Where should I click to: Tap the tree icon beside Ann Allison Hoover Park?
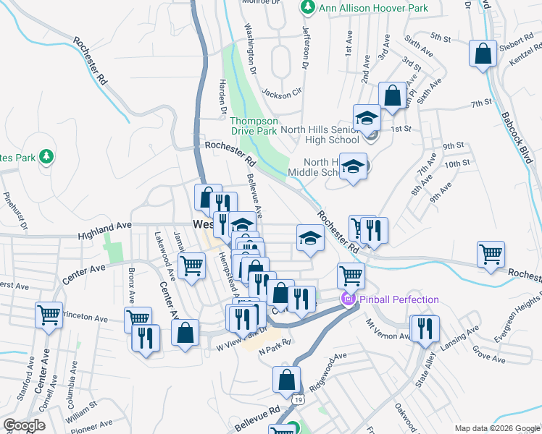point(307,7)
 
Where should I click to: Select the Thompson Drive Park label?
point(254,126)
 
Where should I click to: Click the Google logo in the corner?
point(25,425)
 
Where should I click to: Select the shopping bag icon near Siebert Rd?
point(483,54)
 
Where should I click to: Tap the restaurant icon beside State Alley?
point(425,328)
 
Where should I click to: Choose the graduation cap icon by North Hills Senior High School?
point(367,117)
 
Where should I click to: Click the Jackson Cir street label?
point(281,93)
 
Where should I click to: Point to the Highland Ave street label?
point(106,231)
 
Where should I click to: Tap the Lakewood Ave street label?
point(165,255)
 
